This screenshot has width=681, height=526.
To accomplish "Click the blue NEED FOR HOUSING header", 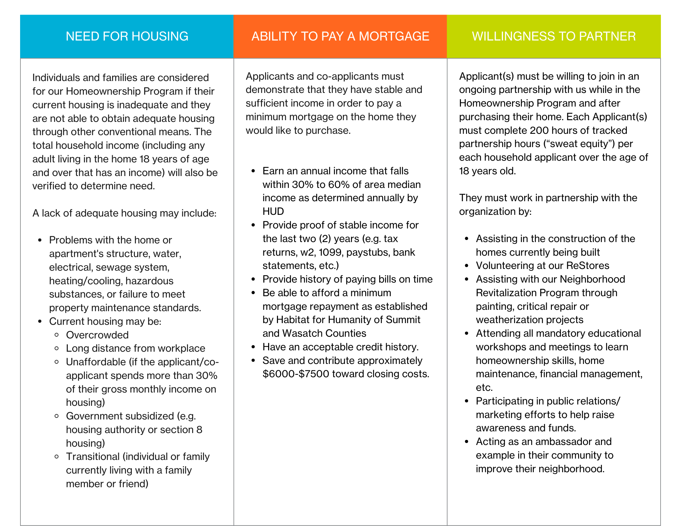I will pyautogui.click(x=127, y=36).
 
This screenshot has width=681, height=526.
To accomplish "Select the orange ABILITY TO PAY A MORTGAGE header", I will pyautogui.click(x=340, y=36).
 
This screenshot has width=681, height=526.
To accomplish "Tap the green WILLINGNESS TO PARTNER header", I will pyautogui.click(x=554, y=36).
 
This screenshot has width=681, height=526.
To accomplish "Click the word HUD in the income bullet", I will pyautogui.click(x=273, y=211).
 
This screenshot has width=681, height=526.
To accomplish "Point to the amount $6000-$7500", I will pyautogui.click(x=296, y=374).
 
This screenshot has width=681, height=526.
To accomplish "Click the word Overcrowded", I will pyautogui.click(x=97, y=335).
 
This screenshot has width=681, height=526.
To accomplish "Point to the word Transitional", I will pyautogui.click(x=93, y=457).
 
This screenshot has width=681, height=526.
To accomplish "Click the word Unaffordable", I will pyautogui.click(x=96, y=362).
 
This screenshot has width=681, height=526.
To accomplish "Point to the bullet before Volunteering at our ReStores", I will pyautogui.click(x=467, y=266).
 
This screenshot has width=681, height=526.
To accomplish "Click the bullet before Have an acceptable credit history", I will pyautogui.click(x=253, y=347).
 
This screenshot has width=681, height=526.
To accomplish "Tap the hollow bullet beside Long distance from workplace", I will pyautogui.click(x=57, y=348).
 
